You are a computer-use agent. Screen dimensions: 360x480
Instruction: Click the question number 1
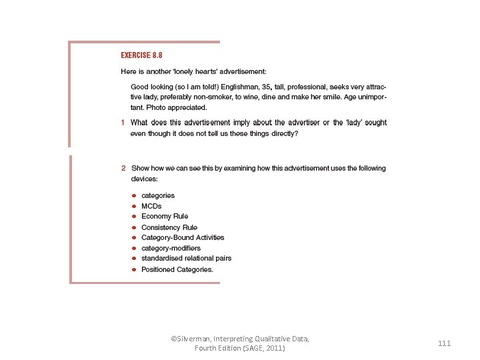point(123,123)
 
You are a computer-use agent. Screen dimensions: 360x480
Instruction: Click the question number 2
point(123,169)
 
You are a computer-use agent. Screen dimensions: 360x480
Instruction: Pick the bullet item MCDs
point(151,206)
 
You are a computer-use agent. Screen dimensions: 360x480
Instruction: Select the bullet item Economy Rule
point(165,217)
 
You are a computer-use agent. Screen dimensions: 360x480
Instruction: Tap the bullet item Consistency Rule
point(169,227)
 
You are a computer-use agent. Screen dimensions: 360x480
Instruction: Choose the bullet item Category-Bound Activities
point(183,237)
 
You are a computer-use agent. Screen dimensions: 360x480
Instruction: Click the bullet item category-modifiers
point(171,248)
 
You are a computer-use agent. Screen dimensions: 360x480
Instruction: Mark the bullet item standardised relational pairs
point(186,259)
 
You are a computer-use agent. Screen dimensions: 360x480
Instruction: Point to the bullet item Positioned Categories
point(177,269)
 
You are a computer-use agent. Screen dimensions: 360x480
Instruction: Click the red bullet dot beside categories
point(134,195)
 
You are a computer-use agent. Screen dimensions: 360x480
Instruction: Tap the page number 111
point(445,343)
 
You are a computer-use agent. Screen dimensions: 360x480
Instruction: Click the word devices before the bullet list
point(143,179)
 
